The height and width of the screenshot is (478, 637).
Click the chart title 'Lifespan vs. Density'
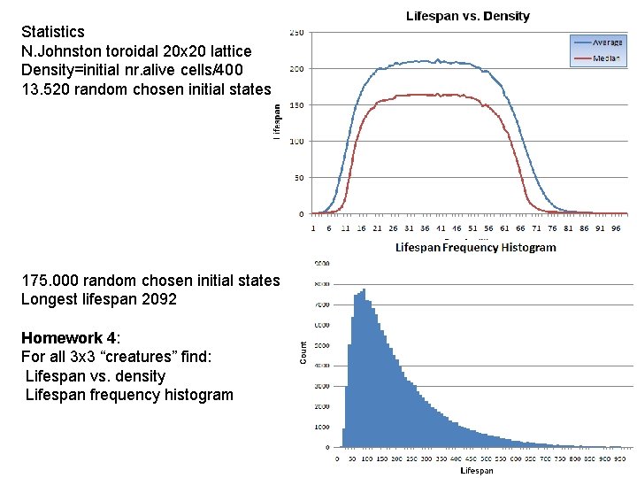click(468, 16)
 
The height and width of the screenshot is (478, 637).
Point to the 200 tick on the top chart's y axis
click(296, 69)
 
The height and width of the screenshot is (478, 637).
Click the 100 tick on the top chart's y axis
click(296, 142)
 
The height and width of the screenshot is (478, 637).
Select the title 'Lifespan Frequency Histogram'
click(475, 248)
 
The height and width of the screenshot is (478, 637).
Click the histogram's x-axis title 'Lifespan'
click(477, 471)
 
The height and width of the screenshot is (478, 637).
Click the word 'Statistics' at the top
click(53, 32)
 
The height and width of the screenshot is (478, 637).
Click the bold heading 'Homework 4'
click(67, 338)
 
